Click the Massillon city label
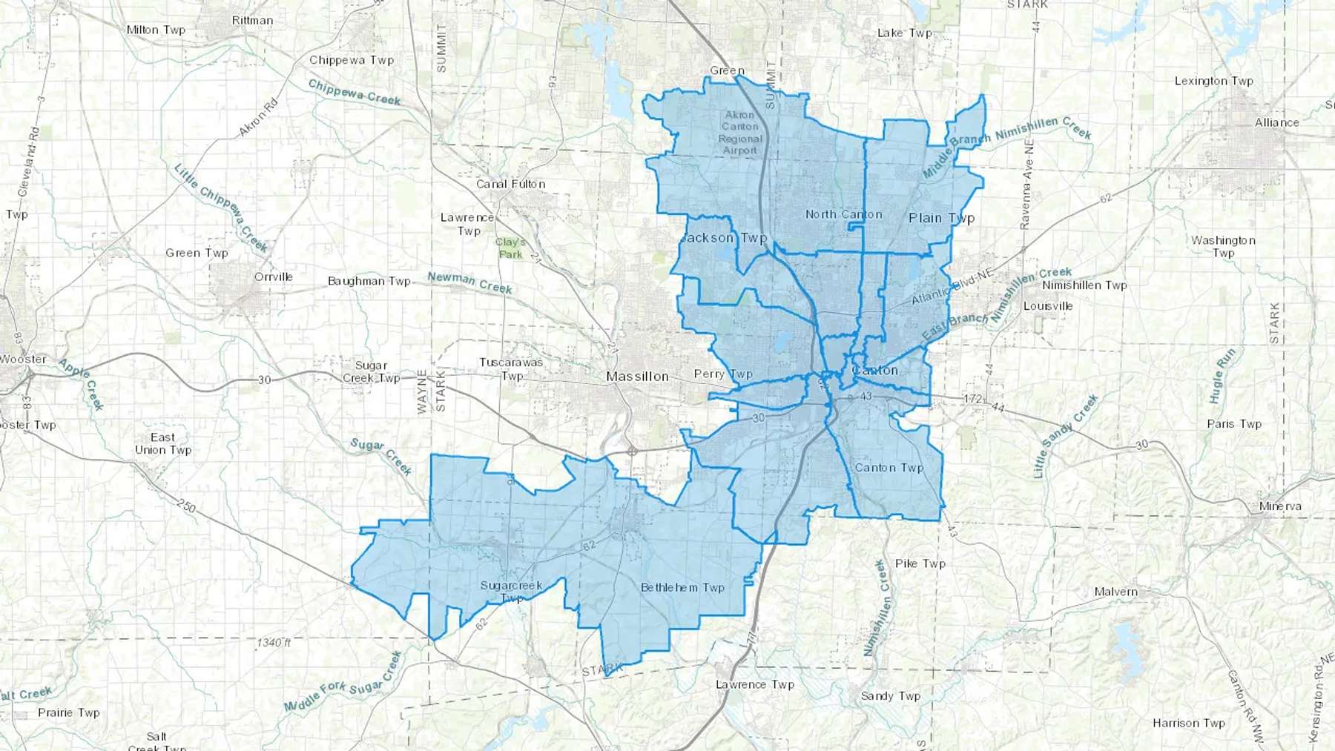637,377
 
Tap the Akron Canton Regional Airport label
740,133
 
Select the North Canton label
844,214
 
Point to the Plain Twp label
941,218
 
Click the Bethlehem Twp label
682,587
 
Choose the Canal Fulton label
511,184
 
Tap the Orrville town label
273,277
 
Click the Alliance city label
1276,122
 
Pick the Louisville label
1048,305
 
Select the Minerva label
1280,506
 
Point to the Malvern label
1115,592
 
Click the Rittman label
252,20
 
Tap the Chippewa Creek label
355,93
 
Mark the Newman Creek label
469,282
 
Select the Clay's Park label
510,248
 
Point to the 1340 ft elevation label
274,642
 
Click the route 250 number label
186,507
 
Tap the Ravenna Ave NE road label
1027,185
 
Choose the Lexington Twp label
1213,81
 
